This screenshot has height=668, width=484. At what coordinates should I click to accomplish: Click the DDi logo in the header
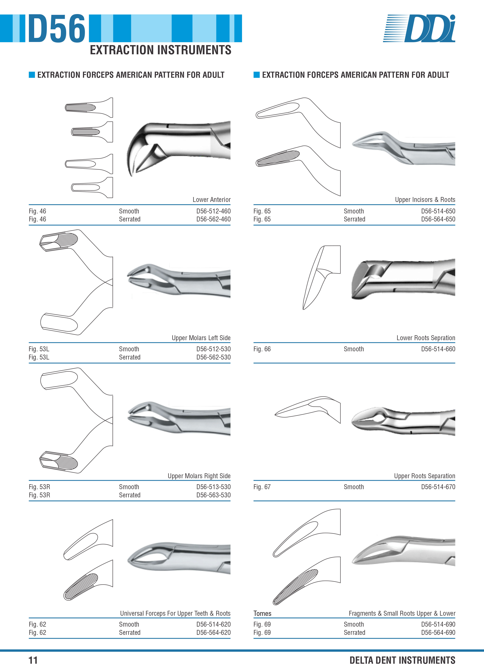coord(419,28)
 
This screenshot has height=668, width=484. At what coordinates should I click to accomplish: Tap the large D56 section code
coord(57,28)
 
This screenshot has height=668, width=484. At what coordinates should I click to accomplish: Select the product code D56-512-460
coord(214,211)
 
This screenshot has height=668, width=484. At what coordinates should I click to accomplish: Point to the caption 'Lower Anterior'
coord(212,200)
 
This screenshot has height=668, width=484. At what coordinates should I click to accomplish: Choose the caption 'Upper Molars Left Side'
coord(201,338)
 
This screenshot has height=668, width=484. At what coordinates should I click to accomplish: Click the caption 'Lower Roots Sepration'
coord(426,338)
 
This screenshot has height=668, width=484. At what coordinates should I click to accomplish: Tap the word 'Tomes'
coord(262,614)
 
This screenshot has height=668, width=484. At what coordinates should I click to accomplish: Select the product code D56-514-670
coord(438,487)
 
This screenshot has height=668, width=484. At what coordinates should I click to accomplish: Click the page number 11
coord(33,660)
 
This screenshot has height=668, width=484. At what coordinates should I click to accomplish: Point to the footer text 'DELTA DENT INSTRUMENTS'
coord(402,660)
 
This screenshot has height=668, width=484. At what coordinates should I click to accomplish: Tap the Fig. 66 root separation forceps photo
coord(403,278)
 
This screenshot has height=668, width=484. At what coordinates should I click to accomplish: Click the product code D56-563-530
coord(214,495)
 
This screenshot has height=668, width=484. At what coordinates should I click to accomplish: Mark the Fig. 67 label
coord(262,487)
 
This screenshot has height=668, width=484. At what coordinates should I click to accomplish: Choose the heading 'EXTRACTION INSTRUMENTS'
coord(160,50)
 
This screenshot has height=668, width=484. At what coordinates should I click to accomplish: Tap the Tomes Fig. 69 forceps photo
coord(403,550)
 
